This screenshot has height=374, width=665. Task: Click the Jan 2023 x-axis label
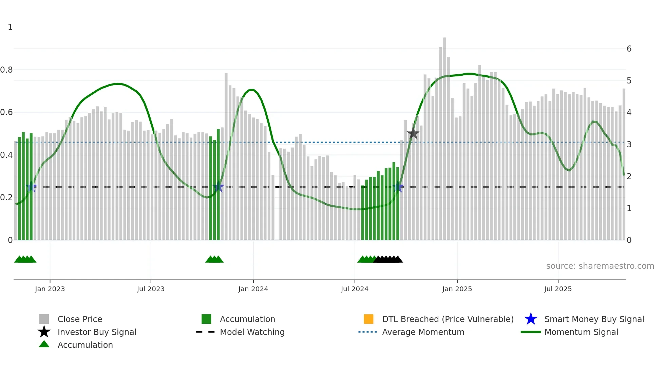[x=50, y=289]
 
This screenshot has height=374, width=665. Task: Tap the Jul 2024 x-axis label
[x=355, y=289]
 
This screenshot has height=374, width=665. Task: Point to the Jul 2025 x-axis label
[x=558, y=289]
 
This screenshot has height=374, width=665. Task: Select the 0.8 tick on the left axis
[x=6, y=70]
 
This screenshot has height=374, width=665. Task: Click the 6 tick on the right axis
[x=629, y=49]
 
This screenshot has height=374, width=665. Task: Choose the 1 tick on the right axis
[x=629, y=208]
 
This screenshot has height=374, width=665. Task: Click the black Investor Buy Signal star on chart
[x=413, y=133]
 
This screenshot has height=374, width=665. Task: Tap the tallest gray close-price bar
[x=444, y=136]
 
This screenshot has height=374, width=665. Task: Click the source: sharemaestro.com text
[x=600, y=266]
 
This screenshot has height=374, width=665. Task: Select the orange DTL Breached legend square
[x=368, y=319]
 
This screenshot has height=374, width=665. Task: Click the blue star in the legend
[x=531, y=319]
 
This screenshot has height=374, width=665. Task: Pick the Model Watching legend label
[x=252, y=332]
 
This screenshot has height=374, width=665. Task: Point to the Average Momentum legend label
[x=423, y=332]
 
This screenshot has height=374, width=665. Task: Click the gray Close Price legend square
[x=44, y=319]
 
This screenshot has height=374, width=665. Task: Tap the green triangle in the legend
[x=44, y=344]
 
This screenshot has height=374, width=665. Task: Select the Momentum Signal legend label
[x=581, y=332]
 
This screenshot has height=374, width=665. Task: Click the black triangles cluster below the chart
[x=388, y=260]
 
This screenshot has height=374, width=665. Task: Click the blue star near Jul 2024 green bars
[x=398, y=187]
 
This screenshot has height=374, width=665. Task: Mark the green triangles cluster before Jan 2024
[x=214, y=260]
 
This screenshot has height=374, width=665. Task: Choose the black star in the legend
[x=44, y=332]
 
